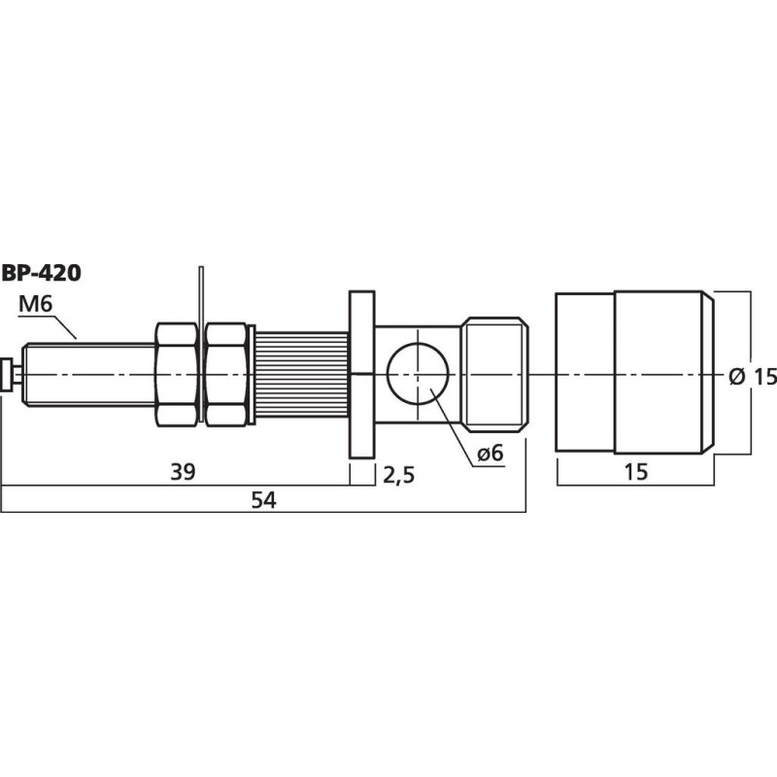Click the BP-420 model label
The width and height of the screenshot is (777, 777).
[41, 273]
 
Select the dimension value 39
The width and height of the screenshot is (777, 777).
[182, 472]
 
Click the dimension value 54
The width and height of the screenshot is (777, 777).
[264, 500]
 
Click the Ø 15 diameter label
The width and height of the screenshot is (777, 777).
[753, 376]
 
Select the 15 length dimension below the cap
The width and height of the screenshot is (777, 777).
[634, 472]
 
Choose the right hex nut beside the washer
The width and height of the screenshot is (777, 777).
[225, 374]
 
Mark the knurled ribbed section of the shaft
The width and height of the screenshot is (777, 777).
[301, 374]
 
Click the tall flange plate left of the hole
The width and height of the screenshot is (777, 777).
[361, 374]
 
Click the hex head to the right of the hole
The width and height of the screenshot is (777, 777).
[495, 374]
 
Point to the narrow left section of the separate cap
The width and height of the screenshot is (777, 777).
[584, 372]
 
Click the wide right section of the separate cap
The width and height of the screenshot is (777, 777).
[660, 372]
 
